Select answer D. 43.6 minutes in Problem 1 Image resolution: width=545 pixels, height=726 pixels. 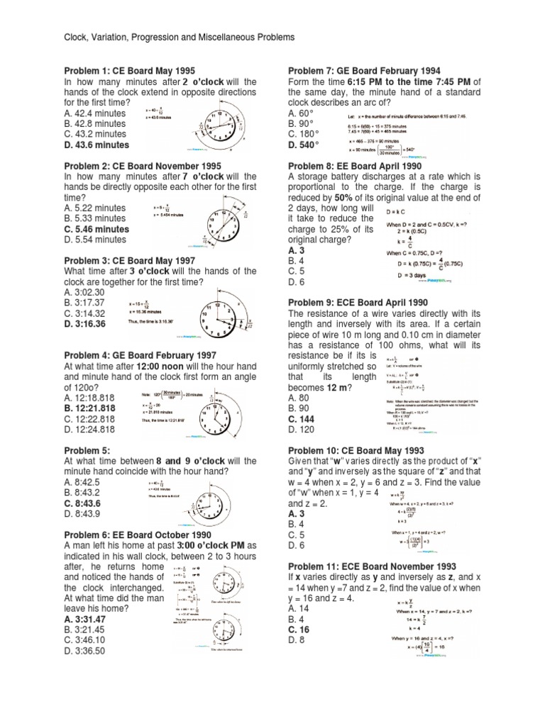[x=97, y=145]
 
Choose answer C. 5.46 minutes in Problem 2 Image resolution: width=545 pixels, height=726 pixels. [x=97, y=229]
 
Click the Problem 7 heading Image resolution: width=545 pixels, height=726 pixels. [x=364, y=71]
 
